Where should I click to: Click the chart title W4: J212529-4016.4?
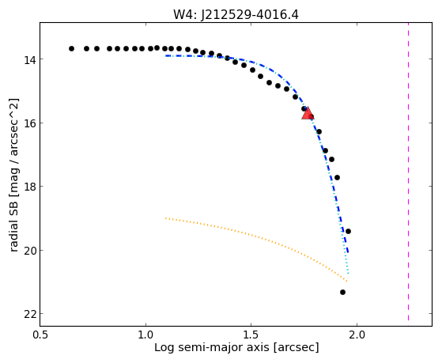[236, 14]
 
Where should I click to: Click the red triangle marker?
[308, 114]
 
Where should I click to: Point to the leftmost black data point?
[72, 49]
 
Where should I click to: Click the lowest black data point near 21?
[343, 292]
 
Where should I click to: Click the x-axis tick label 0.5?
[40, 335]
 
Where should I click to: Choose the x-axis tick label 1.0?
[145, 335]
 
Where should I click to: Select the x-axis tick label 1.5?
[251, 335]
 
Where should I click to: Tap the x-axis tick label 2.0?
[357, 335]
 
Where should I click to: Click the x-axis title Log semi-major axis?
[212, 348]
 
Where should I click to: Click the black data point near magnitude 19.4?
[348, 231]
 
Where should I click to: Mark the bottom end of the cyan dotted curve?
[349, 274]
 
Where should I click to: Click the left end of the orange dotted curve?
[166, 218]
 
